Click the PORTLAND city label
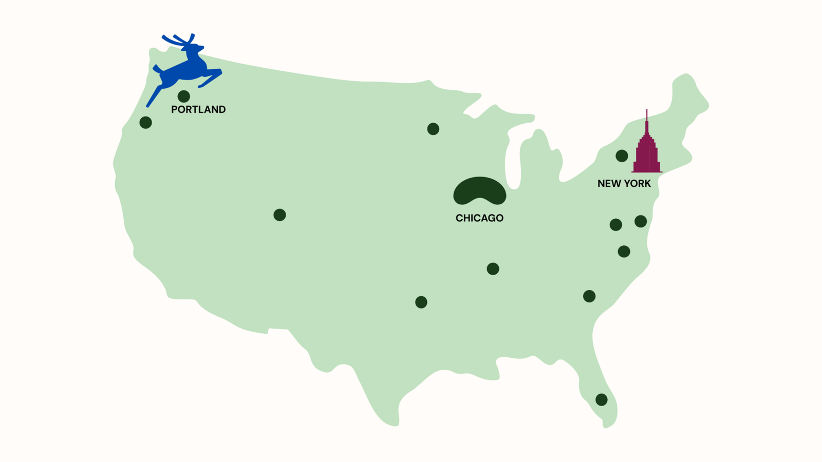click(x=198, y=109)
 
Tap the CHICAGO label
click(x=479, y=218)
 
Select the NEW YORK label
click(x=624, y=183)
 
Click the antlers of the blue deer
click(x=178, y=40)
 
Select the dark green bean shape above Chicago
click(x=479, y=190)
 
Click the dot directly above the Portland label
click(x=183, y=96)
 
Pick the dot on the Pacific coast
click(x=145, y=122)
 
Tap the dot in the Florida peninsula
click(x=601, y=399)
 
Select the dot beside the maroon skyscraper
click(x=622, y=156)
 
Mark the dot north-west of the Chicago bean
click(x=433, y=129)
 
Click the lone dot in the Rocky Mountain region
click(x=279, y=215)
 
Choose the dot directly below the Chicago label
click(x=493, y=268)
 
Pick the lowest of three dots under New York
click(x=624, y=252)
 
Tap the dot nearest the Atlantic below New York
click(x=641, y=221)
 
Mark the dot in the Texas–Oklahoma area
click(x=421, y=302)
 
